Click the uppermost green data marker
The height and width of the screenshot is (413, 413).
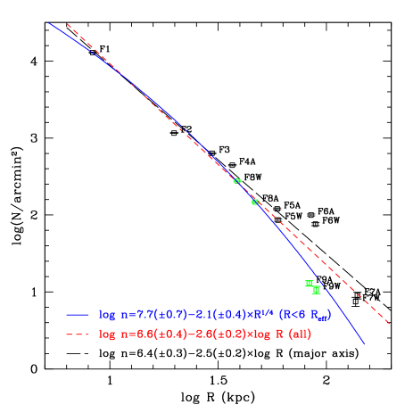[237, 181]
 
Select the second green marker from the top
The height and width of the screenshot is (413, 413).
[255, 202]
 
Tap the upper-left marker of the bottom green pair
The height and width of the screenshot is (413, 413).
[310, 284]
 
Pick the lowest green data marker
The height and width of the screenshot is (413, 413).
[317, 289]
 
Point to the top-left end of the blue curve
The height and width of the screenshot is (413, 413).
[49, 23]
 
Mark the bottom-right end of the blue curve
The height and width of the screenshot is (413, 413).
[365, 343]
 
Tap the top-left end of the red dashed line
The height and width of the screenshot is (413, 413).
[67, 24]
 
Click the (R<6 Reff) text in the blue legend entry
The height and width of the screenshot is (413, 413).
[299, 315]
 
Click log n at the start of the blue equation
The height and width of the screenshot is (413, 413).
[108, 315]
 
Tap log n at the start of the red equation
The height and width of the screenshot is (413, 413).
[108, 335]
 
